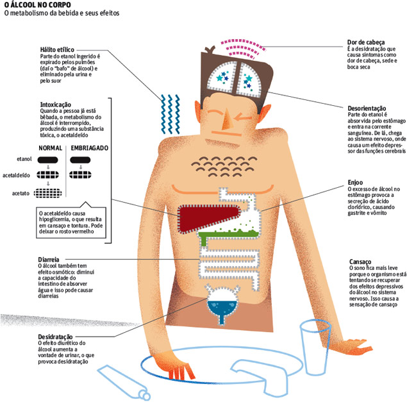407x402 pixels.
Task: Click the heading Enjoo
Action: pos(356,181)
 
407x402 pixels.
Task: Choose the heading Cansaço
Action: pos(361,262)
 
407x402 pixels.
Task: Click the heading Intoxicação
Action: pos(54,103)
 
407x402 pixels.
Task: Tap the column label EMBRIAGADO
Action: pos(90,147)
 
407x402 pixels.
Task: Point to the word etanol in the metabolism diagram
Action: pos(25,158)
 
